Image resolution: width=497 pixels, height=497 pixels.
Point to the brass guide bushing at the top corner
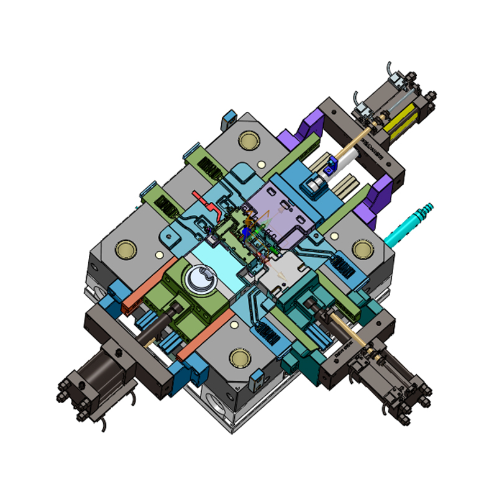[x=249, y=140]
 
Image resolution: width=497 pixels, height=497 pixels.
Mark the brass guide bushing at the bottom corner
[x=240, y=357]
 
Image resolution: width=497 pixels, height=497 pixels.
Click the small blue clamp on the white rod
[x=329, y=164]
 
